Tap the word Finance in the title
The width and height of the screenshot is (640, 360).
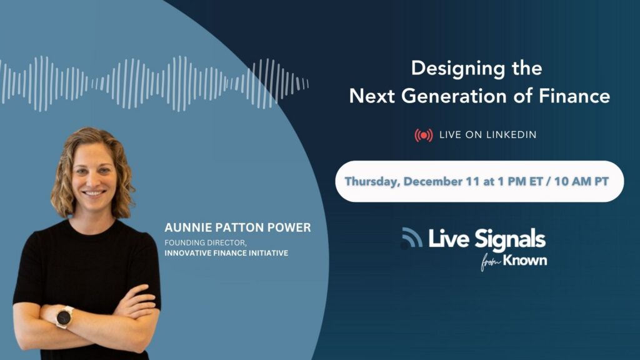575,96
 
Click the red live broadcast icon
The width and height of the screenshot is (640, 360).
424,135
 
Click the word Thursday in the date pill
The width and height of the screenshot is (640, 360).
372,182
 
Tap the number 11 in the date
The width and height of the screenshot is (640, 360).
472,181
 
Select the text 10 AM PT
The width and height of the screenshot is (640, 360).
582,181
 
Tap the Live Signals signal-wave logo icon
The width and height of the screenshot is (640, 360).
411,237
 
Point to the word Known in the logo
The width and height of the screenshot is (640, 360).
525,260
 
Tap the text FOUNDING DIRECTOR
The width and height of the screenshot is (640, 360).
205,242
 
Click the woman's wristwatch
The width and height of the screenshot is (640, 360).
64,317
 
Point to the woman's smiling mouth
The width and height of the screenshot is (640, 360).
94,192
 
